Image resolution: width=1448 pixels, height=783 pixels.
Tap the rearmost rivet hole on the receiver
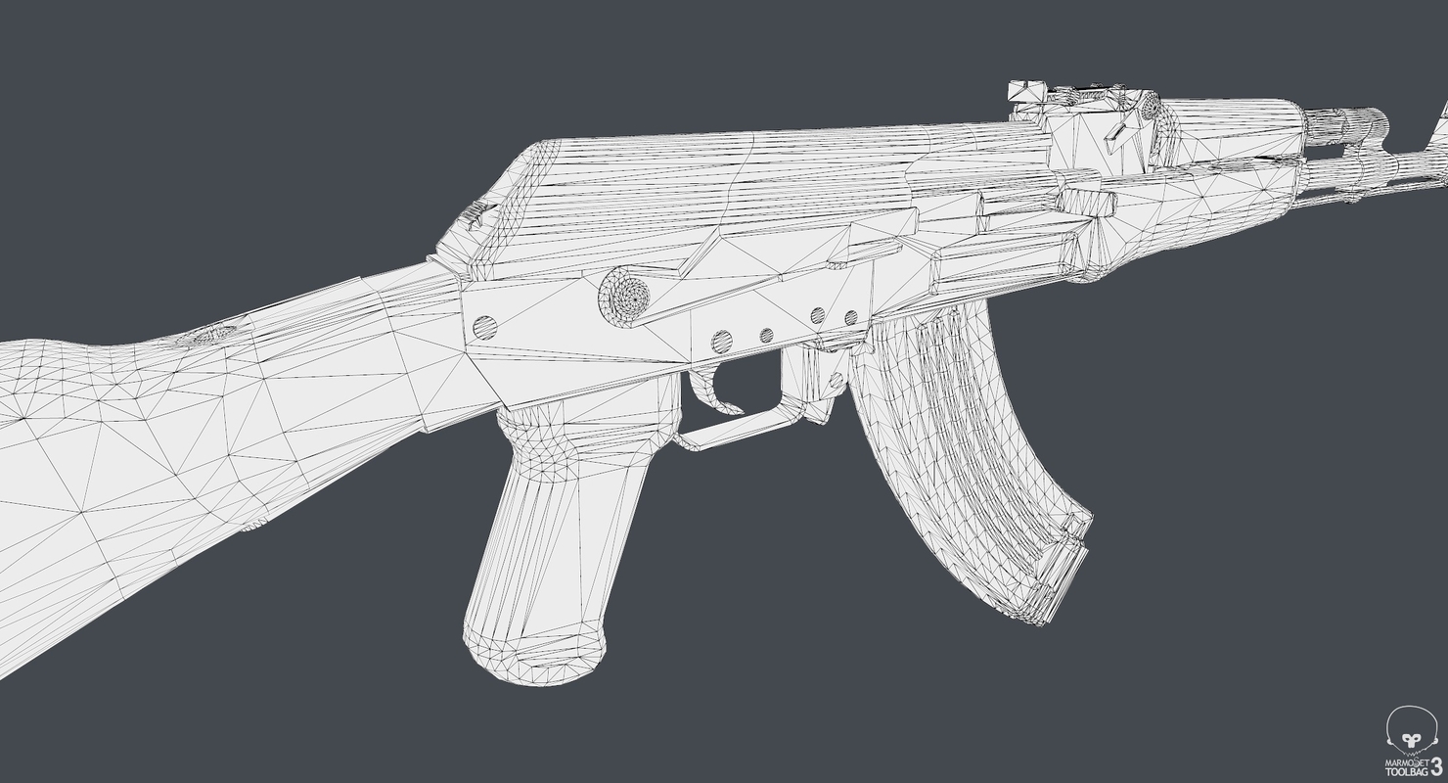(484, 328)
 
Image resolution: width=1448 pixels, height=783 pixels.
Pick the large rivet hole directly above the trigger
(721, 342)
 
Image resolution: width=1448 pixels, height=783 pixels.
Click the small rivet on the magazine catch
(837, 380)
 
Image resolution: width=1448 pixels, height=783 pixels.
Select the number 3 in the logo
(1435, 764)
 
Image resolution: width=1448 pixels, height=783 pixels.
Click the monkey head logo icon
(1410, 729)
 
